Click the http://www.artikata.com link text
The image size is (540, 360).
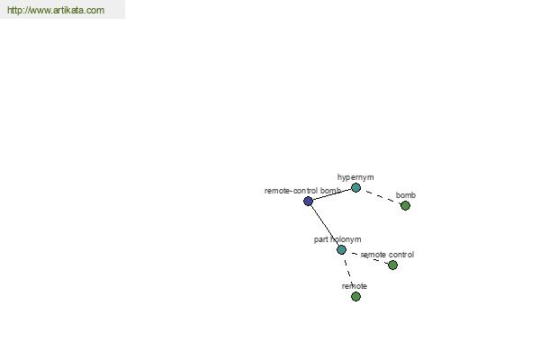pos(56,10)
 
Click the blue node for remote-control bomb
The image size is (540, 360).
pos(308,202)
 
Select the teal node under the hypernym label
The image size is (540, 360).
pos(355,188)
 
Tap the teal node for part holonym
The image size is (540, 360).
pos(341,250)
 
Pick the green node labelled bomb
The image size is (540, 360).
pos(405,206)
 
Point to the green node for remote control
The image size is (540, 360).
pos(392,265)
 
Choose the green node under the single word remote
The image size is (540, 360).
pos(355,296)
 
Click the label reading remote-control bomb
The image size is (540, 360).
pos(302,191)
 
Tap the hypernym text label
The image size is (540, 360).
pos(355,177)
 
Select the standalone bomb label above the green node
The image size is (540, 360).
pos(406,195)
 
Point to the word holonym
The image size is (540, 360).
pos(346,239)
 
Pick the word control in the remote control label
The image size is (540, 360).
pos(400,255)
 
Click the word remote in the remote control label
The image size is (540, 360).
pos(373,255)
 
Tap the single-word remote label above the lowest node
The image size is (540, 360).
pos(355,286)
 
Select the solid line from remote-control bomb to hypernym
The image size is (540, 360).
pos(332,194)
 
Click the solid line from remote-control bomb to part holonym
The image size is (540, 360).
pos(325,226)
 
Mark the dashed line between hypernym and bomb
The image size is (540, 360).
pos(381,197)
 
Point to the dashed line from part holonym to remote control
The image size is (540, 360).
pos(367,257)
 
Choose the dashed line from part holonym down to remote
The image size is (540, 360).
pos(348,273)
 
